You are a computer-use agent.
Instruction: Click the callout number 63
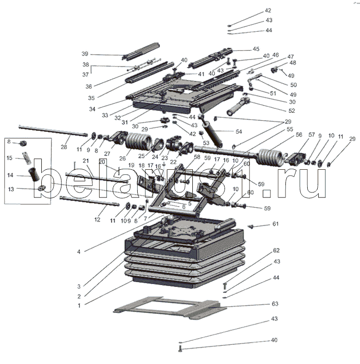(275, 303)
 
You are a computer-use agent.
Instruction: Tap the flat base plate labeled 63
(170, 308)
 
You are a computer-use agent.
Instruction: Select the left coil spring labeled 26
(138, 141)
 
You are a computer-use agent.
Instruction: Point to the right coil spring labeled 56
(271, 157)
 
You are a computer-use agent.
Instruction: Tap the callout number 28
(64, 147)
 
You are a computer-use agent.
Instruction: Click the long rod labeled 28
(53, 131)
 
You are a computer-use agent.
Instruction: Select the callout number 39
(85, 54)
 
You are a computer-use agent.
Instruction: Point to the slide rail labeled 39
(141, 51)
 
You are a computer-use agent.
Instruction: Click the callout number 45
(256, 49)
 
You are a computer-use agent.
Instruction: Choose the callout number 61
(275, 224)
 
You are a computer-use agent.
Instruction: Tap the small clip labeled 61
(250, 226)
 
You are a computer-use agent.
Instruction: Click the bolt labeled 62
(224, 286)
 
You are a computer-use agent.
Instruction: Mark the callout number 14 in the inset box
(10, 175)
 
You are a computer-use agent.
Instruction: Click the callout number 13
(11, 189)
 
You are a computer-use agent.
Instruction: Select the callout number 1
(79, 305)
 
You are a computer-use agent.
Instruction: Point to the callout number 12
(97, 219)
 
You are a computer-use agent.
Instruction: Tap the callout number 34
(92, 109)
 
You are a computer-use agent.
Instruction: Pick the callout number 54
(239, 131)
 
